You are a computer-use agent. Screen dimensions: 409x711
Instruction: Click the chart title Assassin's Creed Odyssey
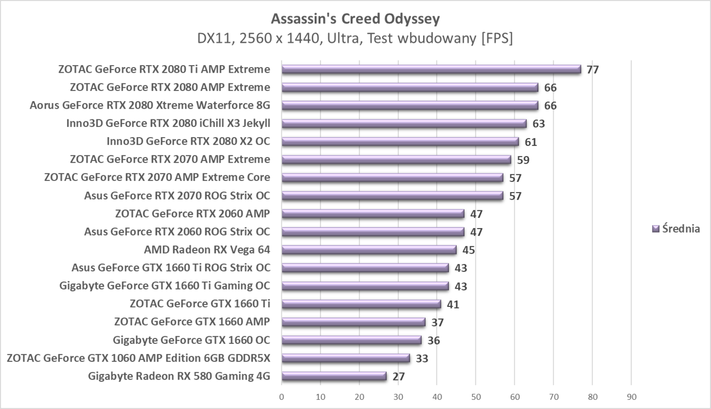coord(355,19)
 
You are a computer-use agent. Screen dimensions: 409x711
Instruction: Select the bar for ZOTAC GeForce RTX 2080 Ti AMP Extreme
coord(431,70)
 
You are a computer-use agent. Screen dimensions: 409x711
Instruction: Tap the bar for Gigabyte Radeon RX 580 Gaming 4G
coord(334,376)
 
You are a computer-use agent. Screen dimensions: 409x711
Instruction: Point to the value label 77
coord(593,70)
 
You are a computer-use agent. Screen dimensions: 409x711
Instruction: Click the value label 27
coord(398,377)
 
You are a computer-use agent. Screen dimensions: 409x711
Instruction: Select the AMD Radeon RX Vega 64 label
coord(207,249)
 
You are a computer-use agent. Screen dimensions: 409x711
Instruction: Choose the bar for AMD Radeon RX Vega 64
coord(369,250)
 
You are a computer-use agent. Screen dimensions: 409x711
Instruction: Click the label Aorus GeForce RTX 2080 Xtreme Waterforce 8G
coord(150,105)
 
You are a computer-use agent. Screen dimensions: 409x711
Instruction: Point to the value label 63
coord(538,123)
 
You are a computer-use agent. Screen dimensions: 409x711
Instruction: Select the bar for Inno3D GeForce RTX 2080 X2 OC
coord(400,142)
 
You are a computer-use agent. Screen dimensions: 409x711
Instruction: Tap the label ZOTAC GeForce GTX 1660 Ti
coord(200,304)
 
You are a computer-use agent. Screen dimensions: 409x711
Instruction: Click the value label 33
coord(422,359)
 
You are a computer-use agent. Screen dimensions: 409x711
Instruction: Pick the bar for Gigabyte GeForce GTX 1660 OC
coord(351,340)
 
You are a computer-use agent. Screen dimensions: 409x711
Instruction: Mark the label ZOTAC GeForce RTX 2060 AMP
coord(192,213)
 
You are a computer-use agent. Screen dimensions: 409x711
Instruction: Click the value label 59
coord(523,160)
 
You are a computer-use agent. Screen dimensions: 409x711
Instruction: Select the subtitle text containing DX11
coord(355,39)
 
